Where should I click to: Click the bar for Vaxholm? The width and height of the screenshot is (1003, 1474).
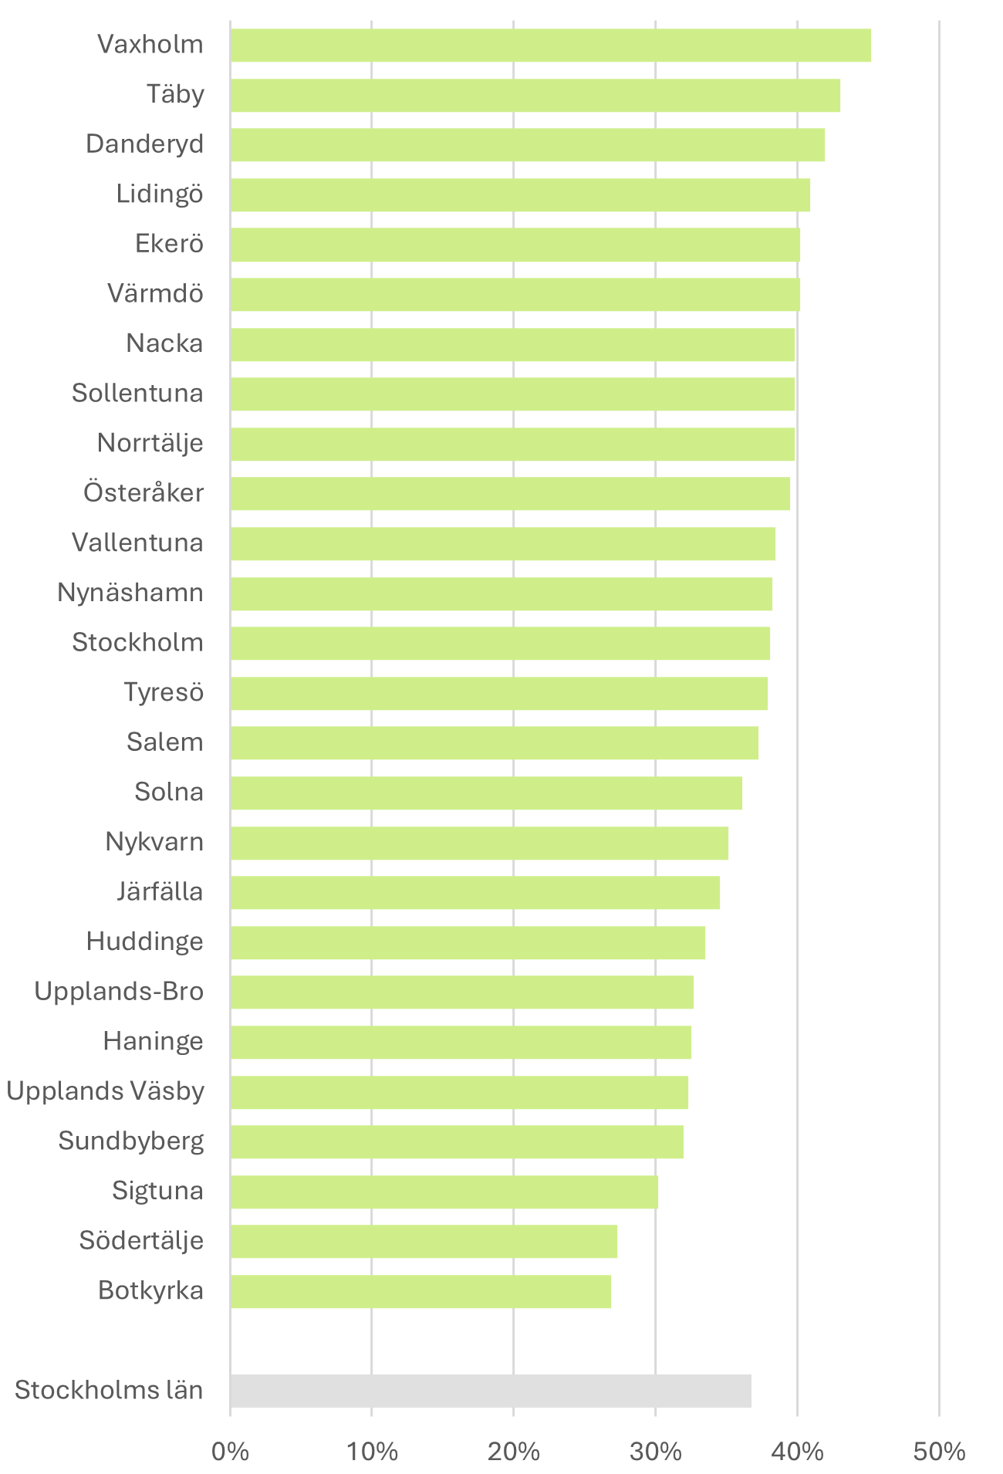click(550, 45)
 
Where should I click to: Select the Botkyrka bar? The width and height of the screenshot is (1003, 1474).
click(420, 1291)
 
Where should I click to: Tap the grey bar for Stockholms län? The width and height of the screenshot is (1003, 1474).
click(491, 1391)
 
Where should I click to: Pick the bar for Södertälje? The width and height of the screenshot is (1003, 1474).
click(424, 1241)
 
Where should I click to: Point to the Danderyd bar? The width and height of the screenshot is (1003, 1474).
click(527, 144)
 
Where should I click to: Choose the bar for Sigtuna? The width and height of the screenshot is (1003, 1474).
click(444, 1192)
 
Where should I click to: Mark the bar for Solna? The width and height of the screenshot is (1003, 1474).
click(486, 793)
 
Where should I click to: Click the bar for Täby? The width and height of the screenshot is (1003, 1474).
click(535, 95)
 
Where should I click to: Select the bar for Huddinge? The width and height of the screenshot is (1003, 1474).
click(468, 942)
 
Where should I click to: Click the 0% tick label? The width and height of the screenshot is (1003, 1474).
click(230, 1452)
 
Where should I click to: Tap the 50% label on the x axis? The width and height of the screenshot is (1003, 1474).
click(939, 1452)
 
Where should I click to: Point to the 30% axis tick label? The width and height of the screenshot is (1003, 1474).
click(655, 1452)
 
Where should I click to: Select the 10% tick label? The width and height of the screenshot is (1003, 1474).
click(372, 1452)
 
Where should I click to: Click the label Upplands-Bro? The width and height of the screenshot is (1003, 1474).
click(119, 991)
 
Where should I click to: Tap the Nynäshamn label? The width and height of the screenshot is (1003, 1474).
click(130, 593)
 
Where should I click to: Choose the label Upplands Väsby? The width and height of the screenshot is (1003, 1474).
click(106, 1091)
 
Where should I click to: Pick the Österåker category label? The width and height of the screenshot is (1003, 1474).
click(144, 492)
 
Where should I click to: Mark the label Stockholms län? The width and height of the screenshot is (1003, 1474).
click(109, 1390)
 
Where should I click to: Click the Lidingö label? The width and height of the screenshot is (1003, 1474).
click(160, 194)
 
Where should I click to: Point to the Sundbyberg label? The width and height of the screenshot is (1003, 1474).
click(131, 1141)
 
